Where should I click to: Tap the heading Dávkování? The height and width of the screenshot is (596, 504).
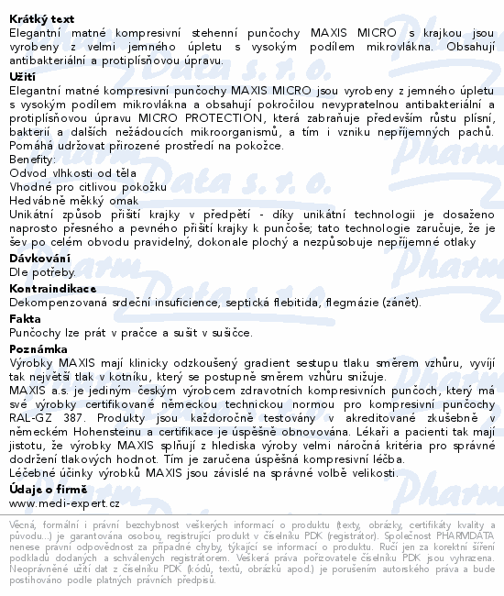coord(34,258)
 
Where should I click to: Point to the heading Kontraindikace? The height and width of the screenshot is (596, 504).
coord(46,287)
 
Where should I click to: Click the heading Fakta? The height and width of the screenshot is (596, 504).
coord(25,318)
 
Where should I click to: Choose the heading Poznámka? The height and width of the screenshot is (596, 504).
coord(36,348)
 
